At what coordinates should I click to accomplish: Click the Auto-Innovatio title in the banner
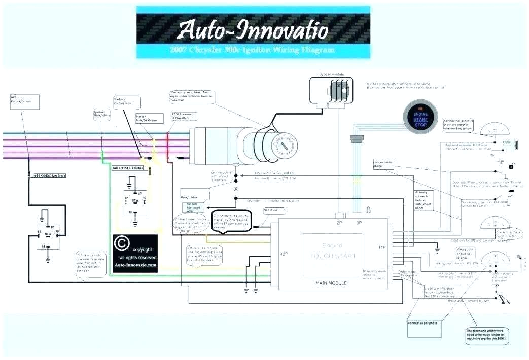[252, 29]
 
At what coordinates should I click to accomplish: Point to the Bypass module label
[331, 74]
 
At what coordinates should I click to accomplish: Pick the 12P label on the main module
[283, 253]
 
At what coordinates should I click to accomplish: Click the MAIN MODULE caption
[331, 283]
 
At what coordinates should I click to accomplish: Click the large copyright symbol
[122, 244]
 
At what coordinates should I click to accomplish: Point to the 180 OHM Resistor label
[128, 166]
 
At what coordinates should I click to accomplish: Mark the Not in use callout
[271, 210]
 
